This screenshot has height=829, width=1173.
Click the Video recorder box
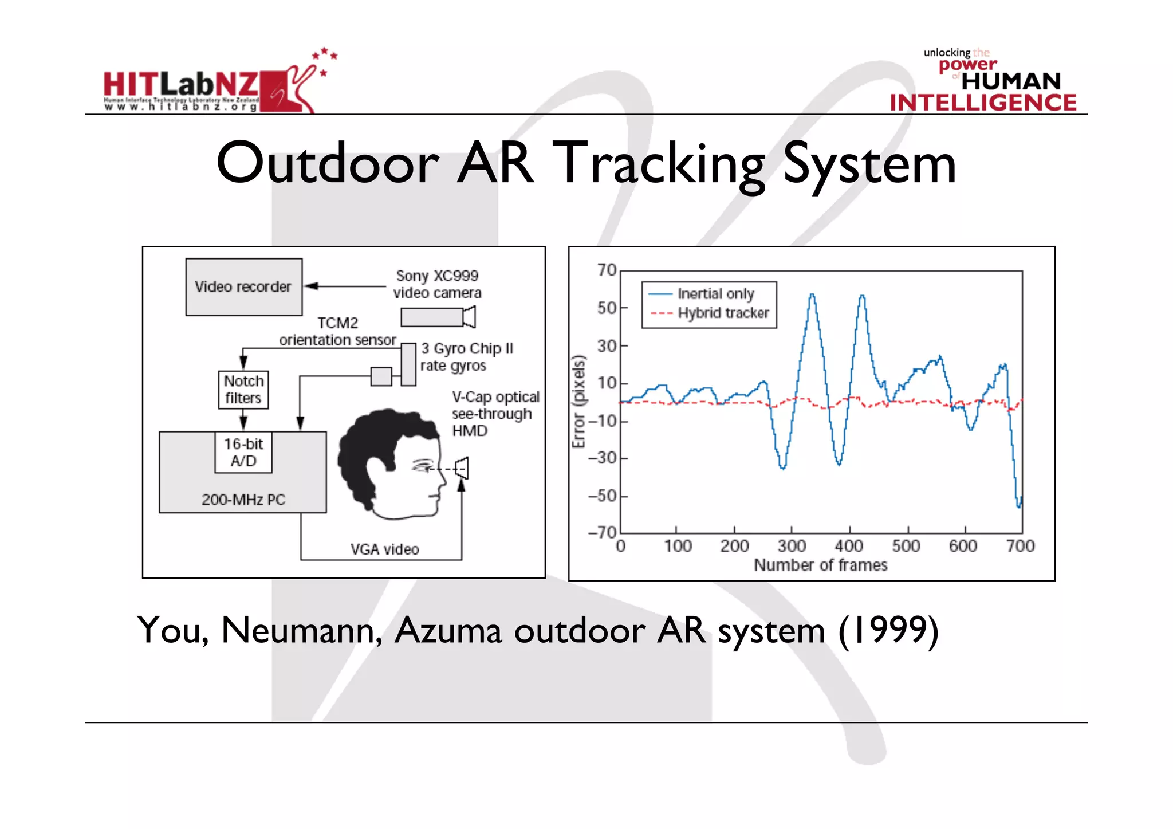(243, 286)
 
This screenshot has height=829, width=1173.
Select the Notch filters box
(243, 390)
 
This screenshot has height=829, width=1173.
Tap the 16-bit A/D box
(243, 452)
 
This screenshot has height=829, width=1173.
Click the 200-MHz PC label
(243, 500)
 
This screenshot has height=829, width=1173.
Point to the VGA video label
(384, 549)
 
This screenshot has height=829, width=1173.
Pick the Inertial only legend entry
(715, 294)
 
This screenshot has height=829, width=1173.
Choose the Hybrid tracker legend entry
(723, 313)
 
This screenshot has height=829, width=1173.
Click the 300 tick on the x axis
(792, 546)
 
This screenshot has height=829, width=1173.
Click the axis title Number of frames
(820, 565)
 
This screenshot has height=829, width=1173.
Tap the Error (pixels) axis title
(579, 401)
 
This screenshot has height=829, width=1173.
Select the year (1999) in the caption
(888, 631)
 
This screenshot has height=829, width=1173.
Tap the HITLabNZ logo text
(180, 85)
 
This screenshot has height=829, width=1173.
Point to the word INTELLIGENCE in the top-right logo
(983, 103)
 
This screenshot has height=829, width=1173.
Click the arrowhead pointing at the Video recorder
(311, 286)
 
